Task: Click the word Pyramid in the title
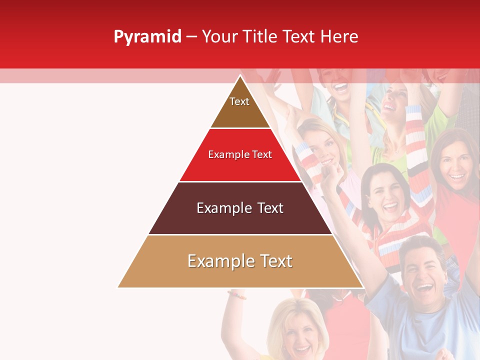click(x=147, y=37)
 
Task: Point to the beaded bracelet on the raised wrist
click(x=236, y=294)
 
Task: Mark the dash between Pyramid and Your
click(x=191, y=37)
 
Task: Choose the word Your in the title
click(x=220, y=37)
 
